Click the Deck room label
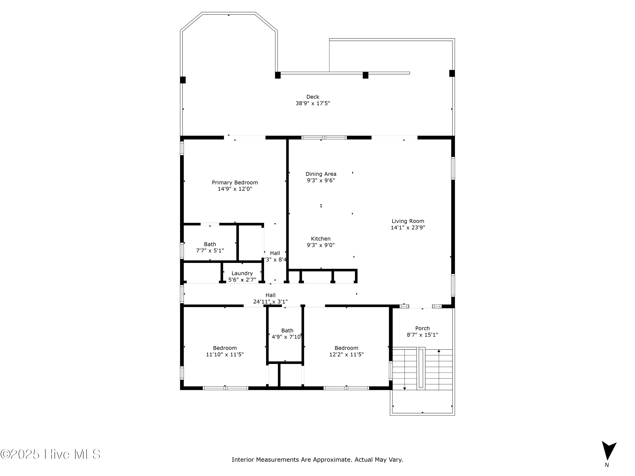pos(312,97)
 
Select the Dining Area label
pos(321,174)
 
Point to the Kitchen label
pos(321,239)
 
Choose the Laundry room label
pos(242,273)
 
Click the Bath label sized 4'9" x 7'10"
pos(287,330)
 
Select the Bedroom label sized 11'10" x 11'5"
pos(225,348)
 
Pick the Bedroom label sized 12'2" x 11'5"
pos(346,348)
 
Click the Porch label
pos(422,328)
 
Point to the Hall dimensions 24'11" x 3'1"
pos(270,301)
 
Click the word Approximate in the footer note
pos(333,460)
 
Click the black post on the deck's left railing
pos(183,80)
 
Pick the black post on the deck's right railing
pos(452,73)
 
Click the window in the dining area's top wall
pos(324,138)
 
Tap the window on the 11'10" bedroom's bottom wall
pos(225,388)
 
